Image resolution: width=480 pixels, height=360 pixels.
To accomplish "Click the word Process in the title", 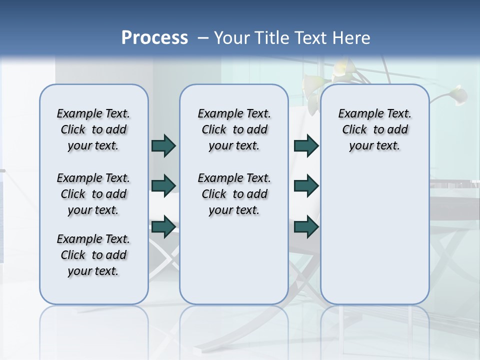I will pos(154,38).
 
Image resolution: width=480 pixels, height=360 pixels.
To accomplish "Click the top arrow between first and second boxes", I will pos(163,145).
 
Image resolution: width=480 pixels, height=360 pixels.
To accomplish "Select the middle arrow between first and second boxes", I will pos(163,185).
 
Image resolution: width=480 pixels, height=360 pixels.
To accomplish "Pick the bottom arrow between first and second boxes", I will pos(163,226).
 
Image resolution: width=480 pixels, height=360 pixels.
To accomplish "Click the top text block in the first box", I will pos(93,129).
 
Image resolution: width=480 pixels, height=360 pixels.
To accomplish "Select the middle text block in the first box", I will pos(93,194).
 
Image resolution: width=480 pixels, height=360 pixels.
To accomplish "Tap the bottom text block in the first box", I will pos(93,255).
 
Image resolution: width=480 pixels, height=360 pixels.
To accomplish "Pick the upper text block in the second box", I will pos(234,129).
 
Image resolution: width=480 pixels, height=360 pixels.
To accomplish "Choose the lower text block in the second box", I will pos(234,194).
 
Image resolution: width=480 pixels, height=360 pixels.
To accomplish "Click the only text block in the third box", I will pos(374,129).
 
